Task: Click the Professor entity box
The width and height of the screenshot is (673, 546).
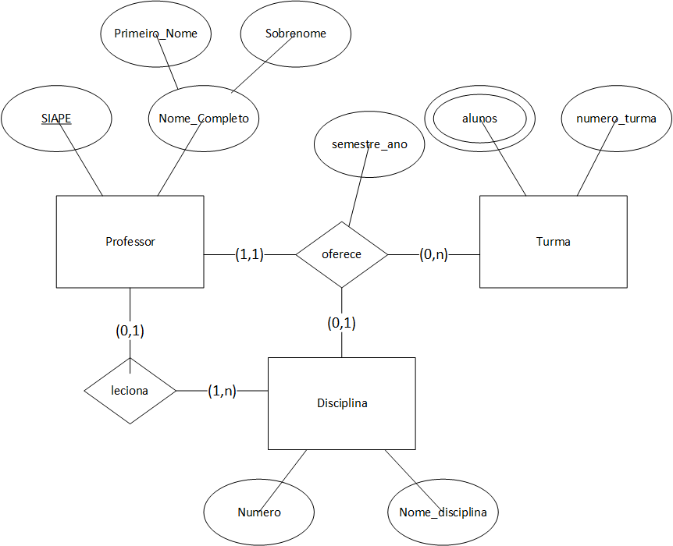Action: pyautogui.click(x=130, y=242)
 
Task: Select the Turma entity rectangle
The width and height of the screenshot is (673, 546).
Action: pyautogui.click(x=553, y=242)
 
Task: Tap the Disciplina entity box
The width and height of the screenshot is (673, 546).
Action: pyautogui.click(x=341, y=403)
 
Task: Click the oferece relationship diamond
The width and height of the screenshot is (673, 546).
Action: pyautogui.click(x=341, y=254)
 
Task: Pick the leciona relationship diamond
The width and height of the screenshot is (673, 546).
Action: pyautogui.click(x=130, y=391)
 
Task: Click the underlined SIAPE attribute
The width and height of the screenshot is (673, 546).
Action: pyautogui.click(x=55, y=119)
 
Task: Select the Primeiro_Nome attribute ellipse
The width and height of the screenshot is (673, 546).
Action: pyautogui.click(x=155, y=34)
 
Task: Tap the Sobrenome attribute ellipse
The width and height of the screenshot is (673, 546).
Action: pyautogui.click(x=295, y=34)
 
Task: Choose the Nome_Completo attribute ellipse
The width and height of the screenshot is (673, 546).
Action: pyautogui.click(x=203, y=119)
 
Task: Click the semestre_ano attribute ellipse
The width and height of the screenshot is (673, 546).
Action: pyautogui.click(x=369, y=144)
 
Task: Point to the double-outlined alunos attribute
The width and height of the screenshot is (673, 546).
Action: pyautogui.click(x=479, y=119)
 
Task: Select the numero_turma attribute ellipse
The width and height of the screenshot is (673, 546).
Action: pyautogui.click(x=616, y=119)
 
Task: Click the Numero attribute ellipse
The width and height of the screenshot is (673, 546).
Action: pyautogui.click(x=258, y=512)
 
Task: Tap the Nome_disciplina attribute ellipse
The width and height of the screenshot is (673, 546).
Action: pyautogui.click(x=443, y=512)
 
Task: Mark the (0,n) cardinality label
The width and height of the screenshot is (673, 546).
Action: pyautogui.click(x=433, y=254)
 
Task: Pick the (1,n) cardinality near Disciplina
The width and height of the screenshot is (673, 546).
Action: pyautogui.click(x=222, y=391)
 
